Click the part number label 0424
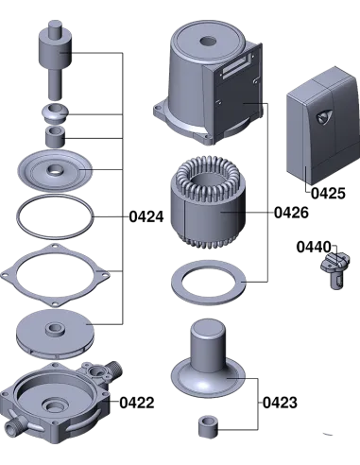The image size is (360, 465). [146, 217]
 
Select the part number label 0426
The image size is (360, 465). [291, 213]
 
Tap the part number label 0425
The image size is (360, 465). [328, 193]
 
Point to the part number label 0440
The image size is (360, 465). [314, 247]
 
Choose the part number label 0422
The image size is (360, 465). [137, 403]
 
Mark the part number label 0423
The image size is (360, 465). [280, 403]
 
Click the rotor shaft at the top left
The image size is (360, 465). [55, 60]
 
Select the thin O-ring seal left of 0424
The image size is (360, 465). [55, 216]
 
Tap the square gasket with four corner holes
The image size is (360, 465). [55, 276]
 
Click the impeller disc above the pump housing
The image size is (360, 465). [55, 334]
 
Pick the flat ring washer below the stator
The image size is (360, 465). [209, 283]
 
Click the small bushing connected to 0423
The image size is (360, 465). [208, 427]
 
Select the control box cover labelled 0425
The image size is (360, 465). [323, 126]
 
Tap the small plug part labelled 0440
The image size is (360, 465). [335, 270]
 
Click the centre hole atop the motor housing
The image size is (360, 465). [208, 41]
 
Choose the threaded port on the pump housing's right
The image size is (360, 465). [115, 370]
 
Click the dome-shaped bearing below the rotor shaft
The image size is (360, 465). [55, 113]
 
